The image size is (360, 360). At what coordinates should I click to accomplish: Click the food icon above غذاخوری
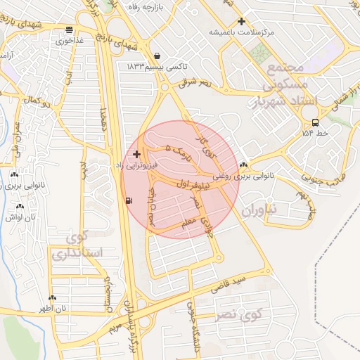pyautogui.click(x=69, y=30)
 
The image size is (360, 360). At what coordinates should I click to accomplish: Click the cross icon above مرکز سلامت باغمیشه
pyautogui.click(x=242, y=22)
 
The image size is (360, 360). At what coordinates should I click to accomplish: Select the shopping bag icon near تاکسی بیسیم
pyautogui.click(x=156, y=56)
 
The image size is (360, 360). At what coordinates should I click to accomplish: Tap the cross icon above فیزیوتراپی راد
pyautogui.click(x=136, y=153)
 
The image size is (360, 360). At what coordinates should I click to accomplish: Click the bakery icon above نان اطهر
pyautogui.click(x=52, y=297)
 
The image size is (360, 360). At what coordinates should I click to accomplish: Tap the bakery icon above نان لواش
pyautogui.click(x=20, y=207)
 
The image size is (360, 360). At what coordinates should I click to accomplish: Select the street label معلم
pyautogui.click(x=188, y=223)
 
